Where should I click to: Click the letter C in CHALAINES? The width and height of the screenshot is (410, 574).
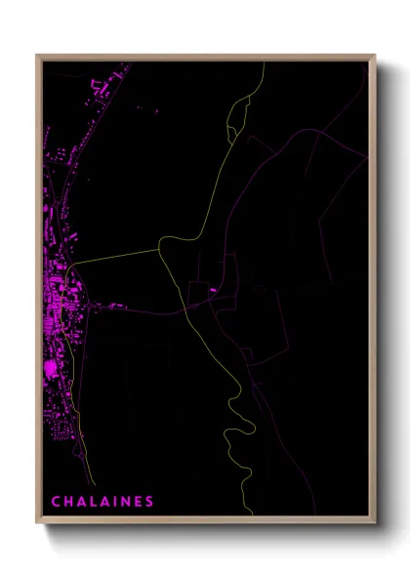(56, 502)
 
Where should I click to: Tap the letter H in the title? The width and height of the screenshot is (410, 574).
(69, 502)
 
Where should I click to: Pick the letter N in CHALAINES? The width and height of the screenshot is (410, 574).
(128, 502)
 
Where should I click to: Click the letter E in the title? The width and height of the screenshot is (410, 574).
(139, 502)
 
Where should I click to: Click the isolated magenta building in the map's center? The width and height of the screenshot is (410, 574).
(212, 289)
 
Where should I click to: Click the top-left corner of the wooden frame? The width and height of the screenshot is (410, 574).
(38, 56)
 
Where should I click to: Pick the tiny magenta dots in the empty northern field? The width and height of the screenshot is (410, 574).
(155, 112)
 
